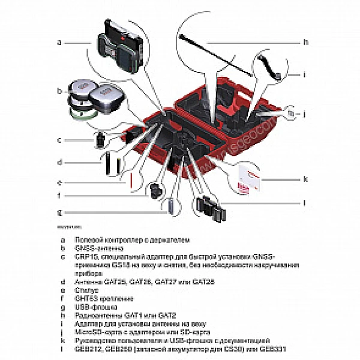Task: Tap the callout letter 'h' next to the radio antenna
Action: coord(305,42)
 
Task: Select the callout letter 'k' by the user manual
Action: coord(305,178)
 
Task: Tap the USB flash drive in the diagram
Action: coord(170,205)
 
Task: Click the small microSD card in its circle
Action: coord(290,112)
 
